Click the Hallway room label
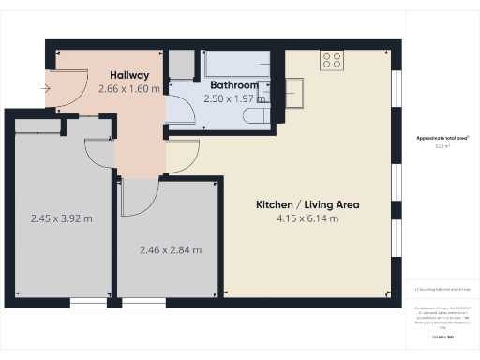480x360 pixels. (130, 75)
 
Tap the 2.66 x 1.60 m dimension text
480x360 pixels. (130, 89)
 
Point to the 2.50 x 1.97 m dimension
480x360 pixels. (231, 98)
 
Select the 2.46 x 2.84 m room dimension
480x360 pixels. (169, 249)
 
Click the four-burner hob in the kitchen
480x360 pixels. (332, 60)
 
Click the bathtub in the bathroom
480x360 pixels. (240, 64)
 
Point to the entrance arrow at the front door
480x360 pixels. (46, 89)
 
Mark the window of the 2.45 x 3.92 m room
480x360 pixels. (88, 302)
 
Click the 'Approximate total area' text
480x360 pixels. (442, 138)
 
